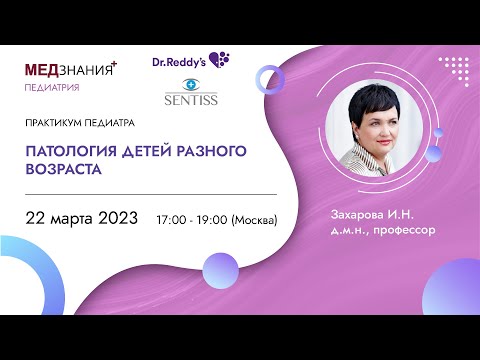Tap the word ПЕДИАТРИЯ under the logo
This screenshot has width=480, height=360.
[53, 87]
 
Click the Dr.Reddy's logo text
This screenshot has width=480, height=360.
[180, 61]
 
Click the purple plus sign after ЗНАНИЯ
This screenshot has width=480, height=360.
[115, 63]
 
